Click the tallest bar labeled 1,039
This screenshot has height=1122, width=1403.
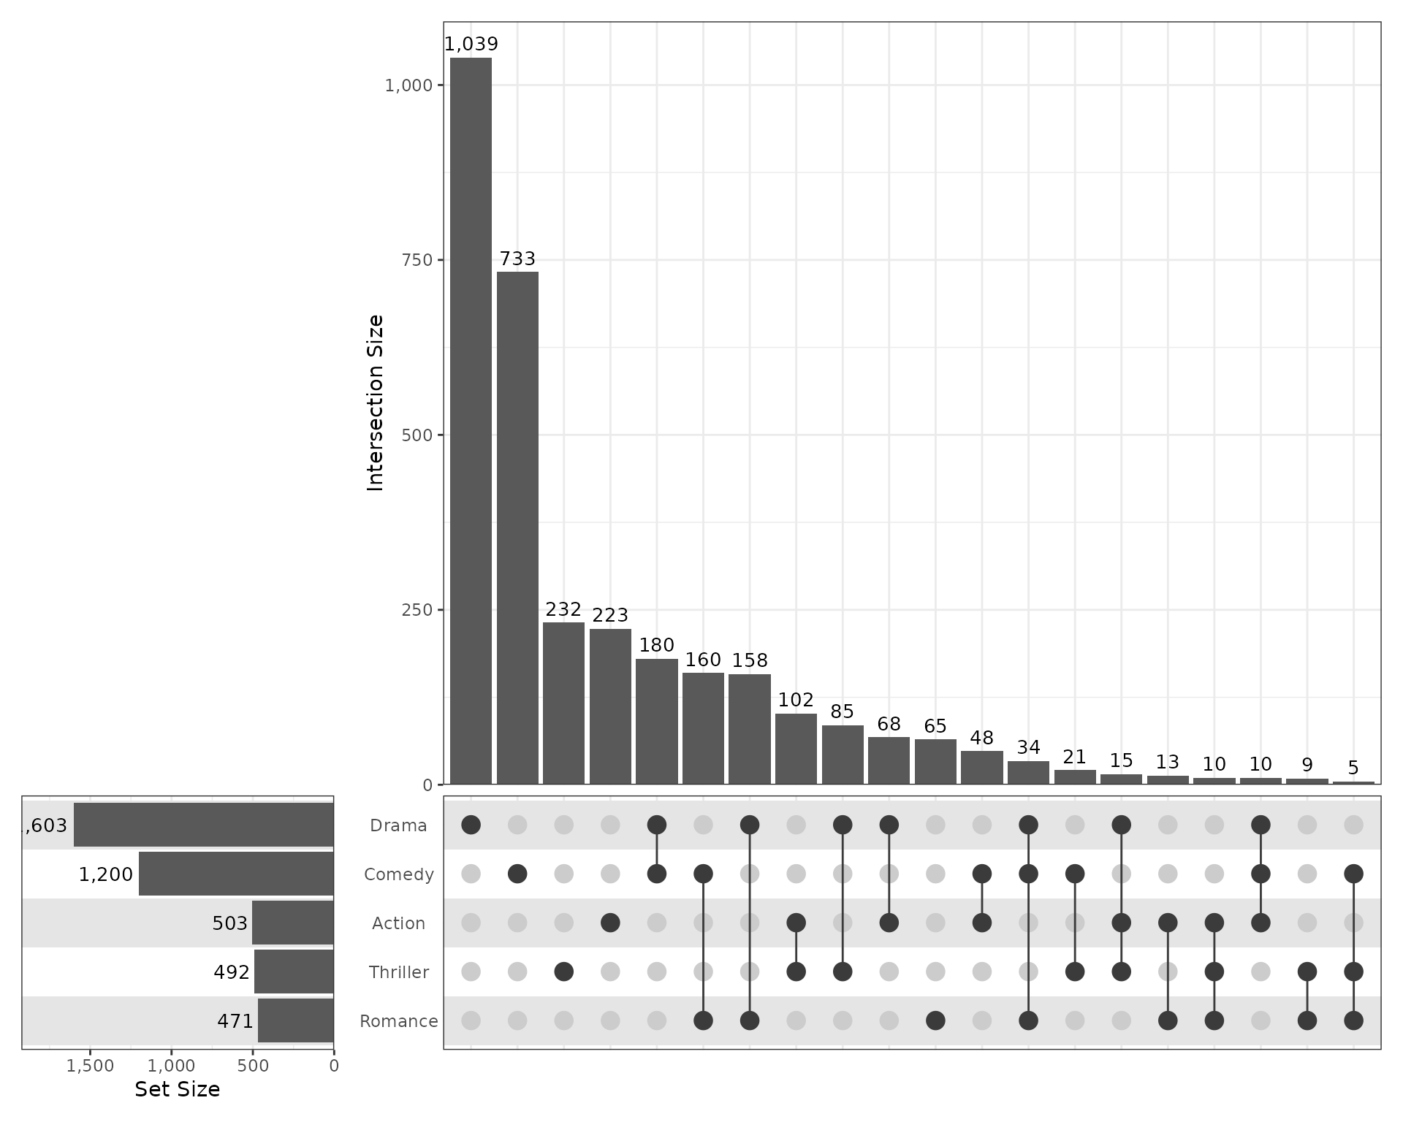click(x=471, y=420)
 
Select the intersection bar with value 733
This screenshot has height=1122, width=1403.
click(x=517, y=527)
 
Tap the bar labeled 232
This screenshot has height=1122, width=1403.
click(x=563, y=703)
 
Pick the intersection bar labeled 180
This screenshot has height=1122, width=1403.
click(x=656, y=721)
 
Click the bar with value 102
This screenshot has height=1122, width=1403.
click(x=796, y=749)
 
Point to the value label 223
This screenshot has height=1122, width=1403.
click(x=610, y=615)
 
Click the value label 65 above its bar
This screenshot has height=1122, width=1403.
click(x=935, y=726)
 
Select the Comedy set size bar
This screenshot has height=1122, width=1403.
click(x=236, y=874)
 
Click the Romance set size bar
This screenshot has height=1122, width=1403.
click(x=295, y=1020)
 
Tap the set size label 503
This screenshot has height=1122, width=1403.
click(x=230, y=923)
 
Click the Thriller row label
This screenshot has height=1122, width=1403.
click(x=398, y=972)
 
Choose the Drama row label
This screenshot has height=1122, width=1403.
click(x=398, y=825)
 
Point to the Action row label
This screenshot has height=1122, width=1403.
click(x=398, y=923)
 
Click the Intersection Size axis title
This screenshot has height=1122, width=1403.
click(x=375, y=402)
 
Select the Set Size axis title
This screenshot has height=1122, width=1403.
click(x=177, y=1089)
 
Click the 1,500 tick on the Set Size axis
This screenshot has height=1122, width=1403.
click(x=91, y=1066)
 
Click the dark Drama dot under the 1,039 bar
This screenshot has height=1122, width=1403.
click(x=471, y=825)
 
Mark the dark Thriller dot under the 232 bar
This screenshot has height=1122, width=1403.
click(x=563, y=972)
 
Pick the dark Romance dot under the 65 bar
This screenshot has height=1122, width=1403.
click(x=935, y=1020)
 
